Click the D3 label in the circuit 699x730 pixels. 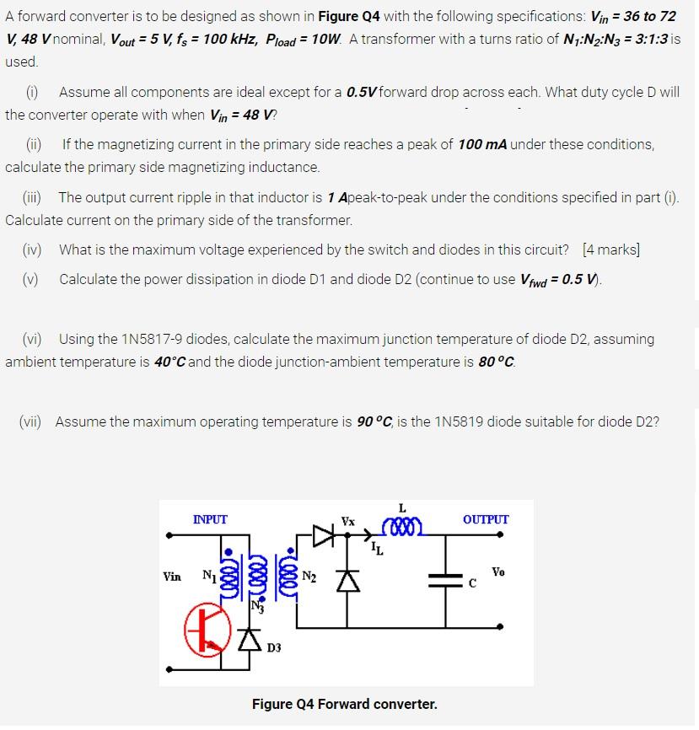pyautogui.click(x=275, y=648)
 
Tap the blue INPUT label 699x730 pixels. pyautogui.click(x=210, y=519)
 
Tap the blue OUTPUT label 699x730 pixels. pyautogui.click(x=485, y=519)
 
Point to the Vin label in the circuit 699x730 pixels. pyautogui.click(x=172, y=577)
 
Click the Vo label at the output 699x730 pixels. pyautogui.click(x=498, y=572)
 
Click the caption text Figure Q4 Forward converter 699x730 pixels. pyautogui.click(x=344, y=703)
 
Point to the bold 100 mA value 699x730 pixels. pyautogui.click(x=481, y=144)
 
